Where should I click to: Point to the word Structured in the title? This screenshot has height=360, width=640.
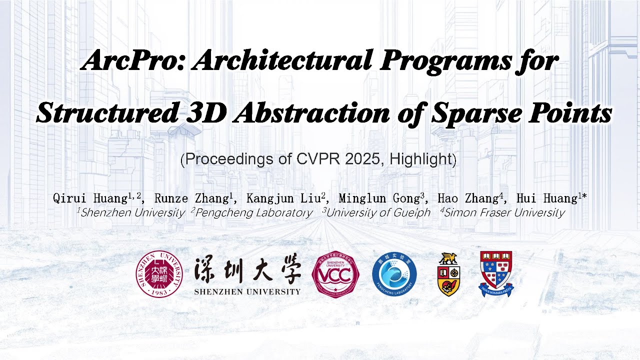[x=107, y=113]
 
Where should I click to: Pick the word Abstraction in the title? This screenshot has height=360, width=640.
[x=311, y=113]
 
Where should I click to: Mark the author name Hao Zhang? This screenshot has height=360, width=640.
[x=467, y=198]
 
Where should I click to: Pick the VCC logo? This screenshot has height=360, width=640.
[x=335, y=274]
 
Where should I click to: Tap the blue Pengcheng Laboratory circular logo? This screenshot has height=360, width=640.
[x=394, y=274]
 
